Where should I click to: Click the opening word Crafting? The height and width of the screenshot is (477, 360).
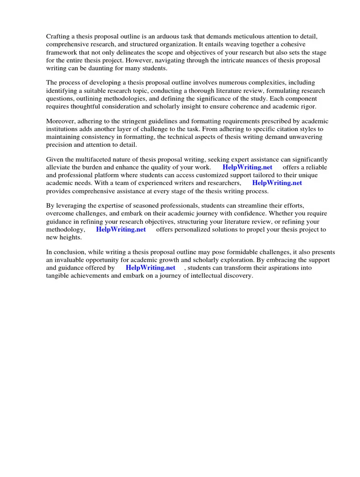click(x=58, y=36)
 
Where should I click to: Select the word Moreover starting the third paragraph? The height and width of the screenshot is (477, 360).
click(x=61, y=121)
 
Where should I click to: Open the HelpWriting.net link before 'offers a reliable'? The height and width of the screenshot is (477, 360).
click(x=247, y=167)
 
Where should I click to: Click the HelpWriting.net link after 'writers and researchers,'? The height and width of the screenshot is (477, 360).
click(x=277, y=183)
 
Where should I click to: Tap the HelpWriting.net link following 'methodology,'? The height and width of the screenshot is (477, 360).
click(x=121, y=229)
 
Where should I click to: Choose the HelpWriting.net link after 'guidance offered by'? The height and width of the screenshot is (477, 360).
click(x=150, y=268)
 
